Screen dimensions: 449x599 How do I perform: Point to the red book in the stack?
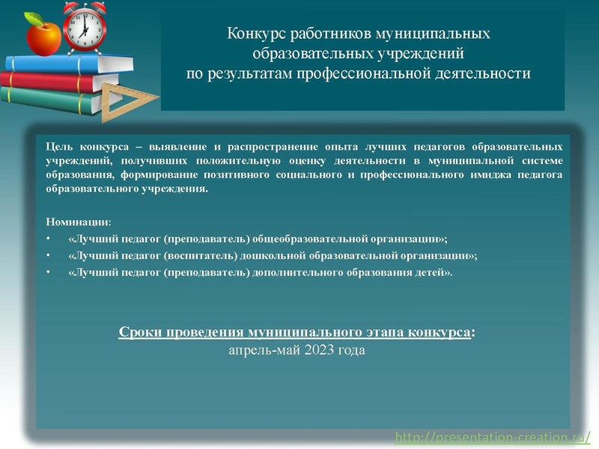[x=52, y=80]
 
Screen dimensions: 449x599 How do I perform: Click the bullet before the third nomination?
[x=49, y=272]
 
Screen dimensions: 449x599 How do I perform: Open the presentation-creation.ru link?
[x=497, y=436]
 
